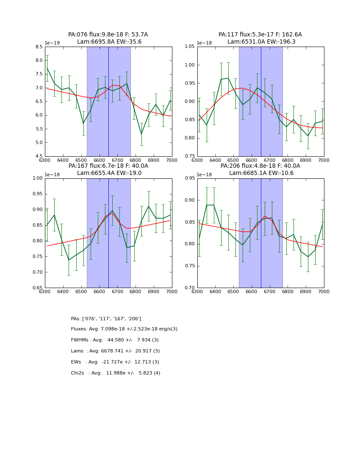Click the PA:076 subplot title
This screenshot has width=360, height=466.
coord(108,35)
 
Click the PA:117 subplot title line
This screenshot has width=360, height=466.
coord(260,35)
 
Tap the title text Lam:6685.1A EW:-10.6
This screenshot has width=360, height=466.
coord(260,173)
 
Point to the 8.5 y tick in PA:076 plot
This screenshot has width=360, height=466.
coord(39,47)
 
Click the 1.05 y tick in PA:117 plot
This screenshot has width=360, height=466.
coord(189,47)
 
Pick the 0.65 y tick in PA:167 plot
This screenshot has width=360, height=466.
coord(37,288)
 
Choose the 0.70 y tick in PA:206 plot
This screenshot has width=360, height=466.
coord(189,288)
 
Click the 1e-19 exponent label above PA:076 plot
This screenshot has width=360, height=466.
coord(52,43)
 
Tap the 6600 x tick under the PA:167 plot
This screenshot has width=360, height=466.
coord(99,291)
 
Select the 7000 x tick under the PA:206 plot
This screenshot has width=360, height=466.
coord(324,291)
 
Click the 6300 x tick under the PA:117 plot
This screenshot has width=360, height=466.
coord(197,160)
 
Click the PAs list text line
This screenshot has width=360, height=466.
coord(106,319)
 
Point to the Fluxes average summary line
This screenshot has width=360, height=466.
coord(124,329)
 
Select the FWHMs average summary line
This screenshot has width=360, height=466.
coord(115,340)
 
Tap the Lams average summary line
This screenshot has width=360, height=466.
coord(115,351)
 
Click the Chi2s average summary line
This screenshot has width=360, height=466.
coord(116,373)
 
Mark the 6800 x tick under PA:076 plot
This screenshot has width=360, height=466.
coord(136,160)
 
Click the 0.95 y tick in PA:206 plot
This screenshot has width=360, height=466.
coord(189,178)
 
